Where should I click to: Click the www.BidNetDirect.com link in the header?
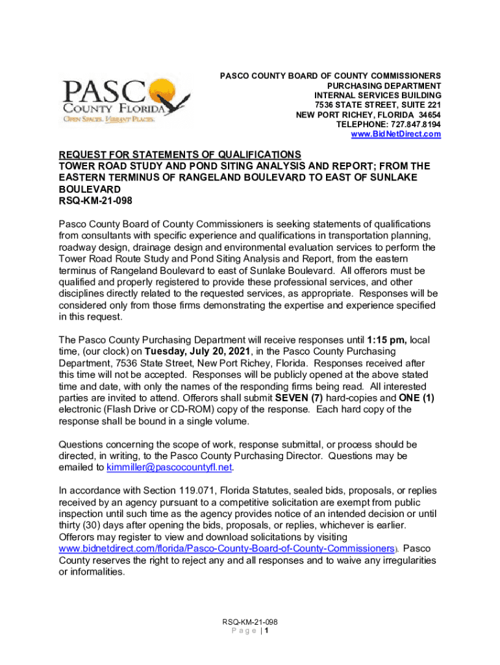(x=395, y=134)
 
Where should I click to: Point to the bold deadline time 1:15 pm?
(x=388, y=340)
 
